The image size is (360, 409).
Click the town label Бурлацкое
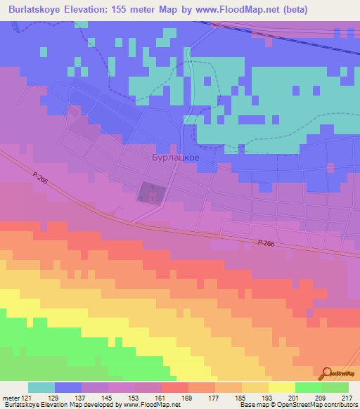coord(175,158)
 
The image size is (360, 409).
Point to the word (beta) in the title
coord(295,8)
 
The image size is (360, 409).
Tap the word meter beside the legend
coord(10,396)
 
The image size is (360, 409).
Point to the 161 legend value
coord(162,396)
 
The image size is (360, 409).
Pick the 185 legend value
coord(242,396)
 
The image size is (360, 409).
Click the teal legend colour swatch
coord(41,387)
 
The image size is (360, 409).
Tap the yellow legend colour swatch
coord(282,387)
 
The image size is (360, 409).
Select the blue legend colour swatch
coord(68,387)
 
